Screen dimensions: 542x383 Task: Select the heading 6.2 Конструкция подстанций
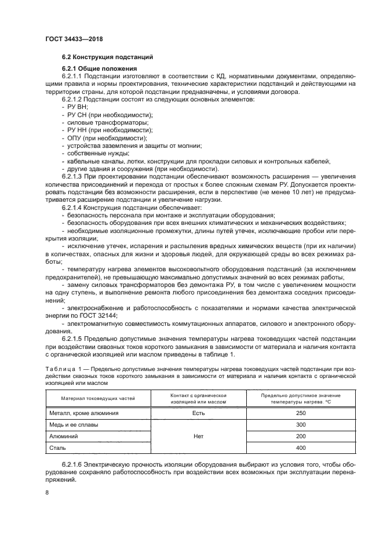[x=107, y=58]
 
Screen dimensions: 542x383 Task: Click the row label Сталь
[x=58, y=448]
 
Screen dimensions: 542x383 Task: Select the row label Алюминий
[x=64, y=436]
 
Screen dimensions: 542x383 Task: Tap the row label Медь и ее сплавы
[x=74, y=424]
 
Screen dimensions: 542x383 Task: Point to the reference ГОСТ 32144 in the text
[x=98, y=315]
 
